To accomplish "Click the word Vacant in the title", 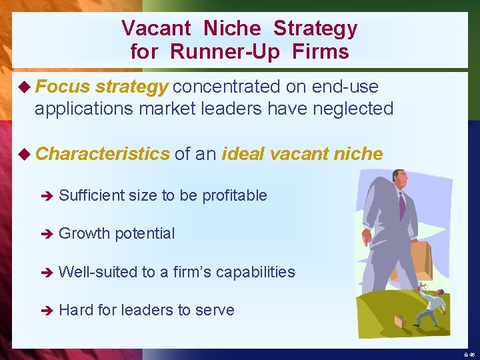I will point(155,29).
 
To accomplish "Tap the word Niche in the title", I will point(231,29).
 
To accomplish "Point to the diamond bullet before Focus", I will point(26,87).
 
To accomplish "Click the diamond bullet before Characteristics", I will point(26,154).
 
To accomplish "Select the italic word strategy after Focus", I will point(131,87).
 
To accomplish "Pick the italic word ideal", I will point(249,154).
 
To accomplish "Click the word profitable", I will point(234,195).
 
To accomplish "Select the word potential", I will point(145,233).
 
